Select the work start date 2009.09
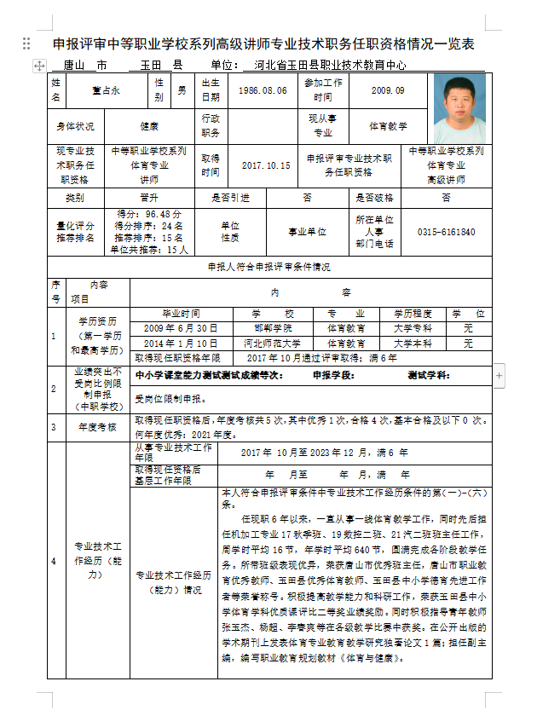coord(389,90)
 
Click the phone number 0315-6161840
coord(446,232)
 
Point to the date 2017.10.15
coord(266,165)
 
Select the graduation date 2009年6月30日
coord(181,327)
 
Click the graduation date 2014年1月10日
coord(181,343)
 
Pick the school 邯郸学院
coord(273,327)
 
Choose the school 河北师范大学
coord(273,343)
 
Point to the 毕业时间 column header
coord(181,313)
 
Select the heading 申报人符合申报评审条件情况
coord(269,267)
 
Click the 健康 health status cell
coord(149,126)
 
